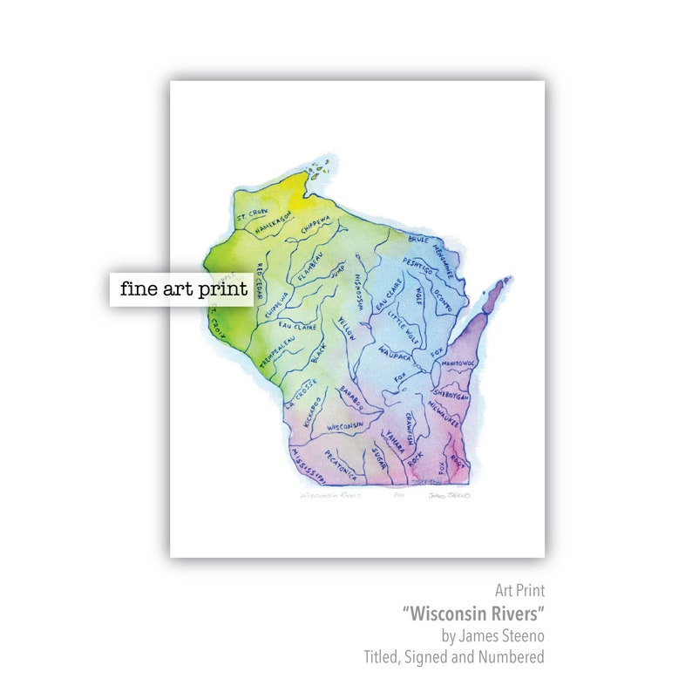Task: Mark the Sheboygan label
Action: [451, 389]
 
